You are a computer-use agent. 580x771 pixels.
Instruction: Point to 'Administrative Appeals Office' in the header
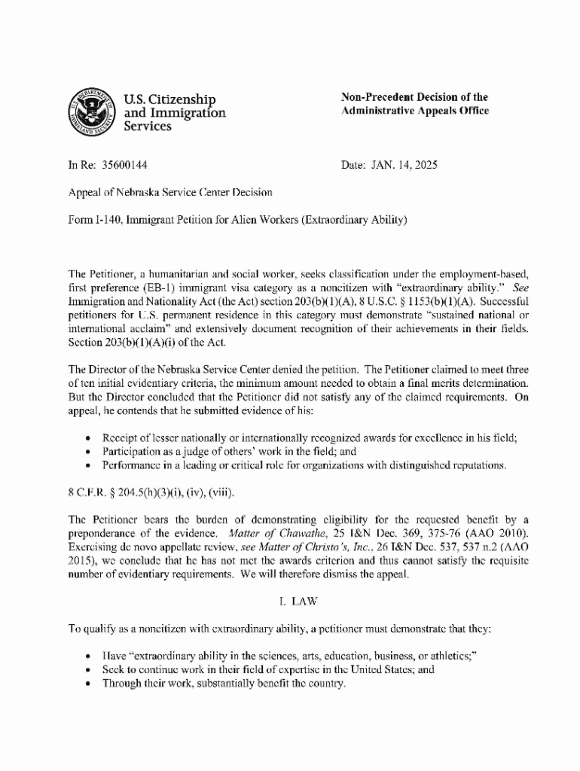pos(415,111)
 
